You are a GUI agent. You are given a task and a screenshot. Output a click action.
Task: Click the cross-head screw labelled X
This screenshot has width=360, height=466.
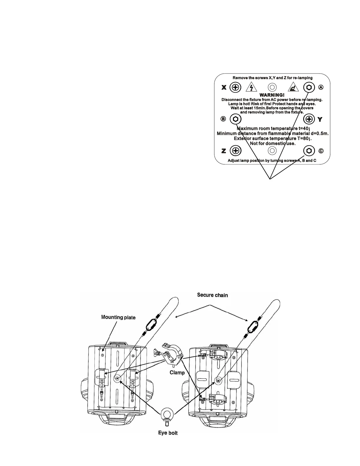pos(235,87)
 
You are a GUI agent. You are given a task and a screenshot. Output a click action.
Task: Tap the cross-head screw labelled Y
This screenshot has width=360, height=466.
pos(309,119)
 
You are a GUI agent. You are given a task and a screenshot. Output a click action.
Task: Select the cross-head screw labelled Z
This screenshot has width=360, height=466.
pos(235,151)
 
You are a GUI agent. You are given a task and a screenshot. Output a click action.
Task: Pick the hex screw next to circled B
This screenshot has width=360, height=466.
pos(236,119)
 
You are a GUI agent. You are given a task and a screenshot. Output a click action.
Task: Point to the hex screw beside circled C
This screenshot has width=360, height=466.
pos(309,151)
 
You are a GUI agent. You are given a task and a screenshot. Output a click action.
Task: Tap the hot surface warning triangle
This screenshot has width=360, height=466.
pos(293,87)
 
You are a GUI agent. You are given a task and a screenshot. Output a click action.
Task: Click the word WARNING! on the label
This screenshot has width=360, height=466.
pos(272,95)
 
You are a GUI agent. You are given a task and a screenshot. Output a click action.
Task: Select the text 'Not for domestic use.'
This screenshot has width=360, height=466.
pos(272,144)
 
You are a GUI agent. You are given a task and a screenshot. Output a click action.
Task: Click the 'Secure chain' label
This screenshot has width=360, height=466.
pos(212,295)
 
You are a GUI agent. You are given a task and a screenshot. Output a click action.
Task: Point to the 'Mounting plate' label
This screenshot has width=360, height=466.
pos(118,317)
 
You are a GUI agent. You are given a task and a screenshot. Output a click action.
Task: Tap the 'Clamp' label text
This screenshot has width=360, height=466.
pos(177,372)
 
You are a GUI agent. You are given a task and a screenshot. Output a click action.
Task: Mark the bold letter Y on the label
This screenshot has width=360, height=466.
pos(320,119)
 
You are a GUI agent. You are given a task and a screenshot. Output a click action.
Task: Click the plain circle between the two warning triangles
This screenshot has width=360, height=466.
pos(272,87)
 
